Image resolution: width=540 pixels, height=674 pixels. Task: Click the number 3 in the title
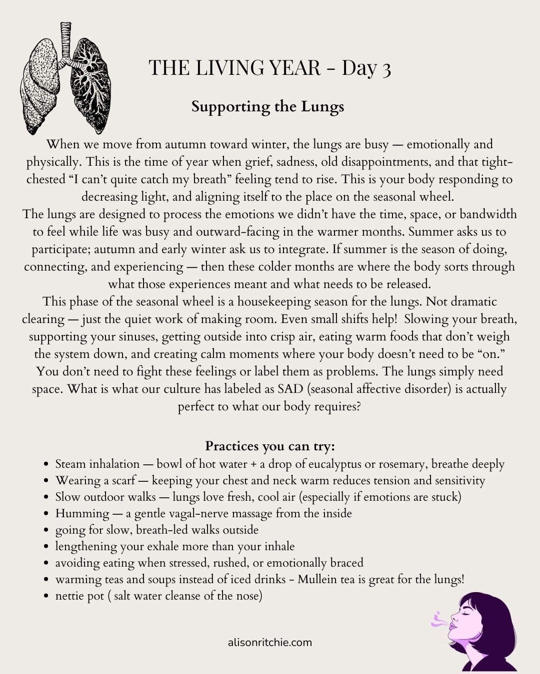point(385,69)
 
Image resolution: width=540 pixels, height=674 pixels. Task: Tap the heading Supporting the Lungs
point(267,107)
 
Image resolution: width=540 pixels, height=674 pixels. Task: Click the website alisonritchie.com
point(269,643)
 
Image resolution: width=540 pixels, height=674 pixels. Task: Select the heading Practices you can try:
point(270,446)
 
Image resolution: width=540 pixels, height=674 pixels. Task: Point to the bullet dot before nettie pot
point(46,597)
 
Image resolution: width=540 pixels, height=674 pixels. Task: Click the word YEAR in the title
point(292,68)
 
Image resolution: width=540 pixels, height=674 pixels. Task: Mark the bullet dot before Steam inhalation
point(46,464)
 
